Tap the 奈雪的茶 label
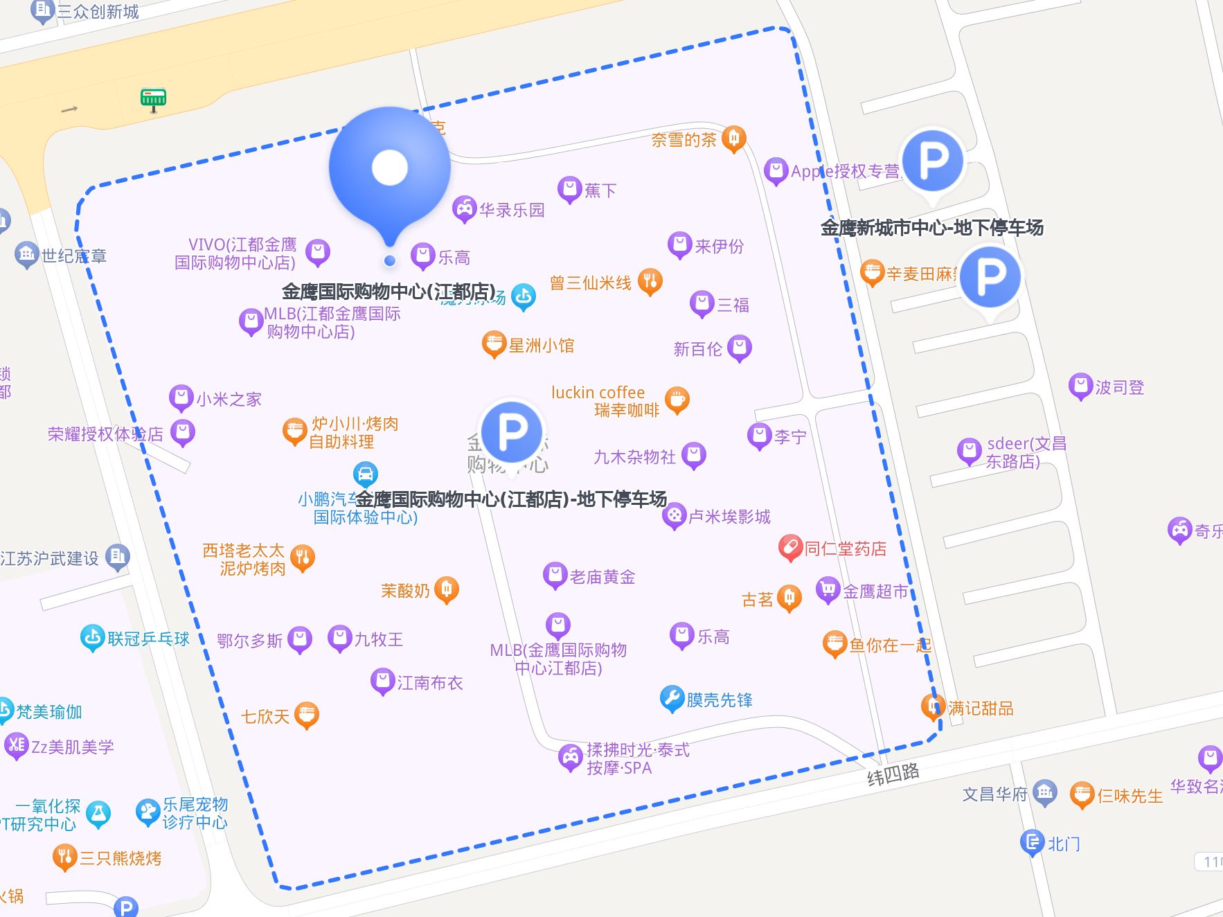pos(684,140)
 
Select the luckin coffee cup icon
pos(677,400)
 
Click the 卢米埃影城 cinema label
pos(729,517)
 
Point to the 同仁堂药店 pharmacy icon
pos(789,548)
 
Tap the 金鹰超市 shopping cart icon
pos(828,590)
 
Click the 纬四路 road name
pos(893,774)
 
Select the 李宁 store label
pos(790,437)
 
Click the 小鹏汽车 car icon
pos(366,474)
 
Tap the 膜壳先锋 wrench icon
pos(672,699)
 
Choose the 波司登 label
pos(1119,387)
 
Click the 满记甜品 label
pos(981,708)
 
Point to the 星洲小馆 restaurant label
pos(542,346)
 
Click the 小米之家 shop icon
pos(181,398)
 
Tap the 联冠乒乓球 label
pos(148,639)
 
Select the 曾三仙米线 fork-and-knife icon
pos(650,281)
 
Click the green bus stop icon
pos(153,98)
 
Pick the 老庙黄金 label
pos(602,577)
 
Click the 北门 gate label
pos(1063,844)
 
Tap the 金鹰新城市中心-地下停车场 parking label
pos(931,227)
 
